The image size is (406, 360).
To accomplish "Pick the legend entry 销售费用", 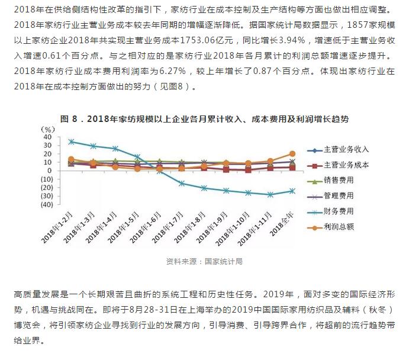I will tap(338, 181).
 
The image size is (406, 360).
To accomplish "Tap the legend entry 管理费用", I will tap(338, 195).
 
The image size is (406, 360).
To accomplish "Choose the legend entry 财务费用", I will tap(338, 211).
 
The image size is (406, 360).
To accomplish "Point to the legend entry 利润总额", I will tap(338, 226).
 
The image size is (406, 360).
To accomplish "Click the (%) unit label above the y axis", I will tap(47, 128).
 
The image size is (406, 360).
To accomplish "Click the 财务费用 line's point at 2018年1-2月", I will tap(71, 142).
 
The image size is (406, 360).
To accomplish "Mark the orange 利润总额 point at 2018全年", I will tap(292, 154).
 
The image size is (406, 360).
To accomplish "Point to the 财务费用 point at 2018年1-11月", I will tap(269, 194).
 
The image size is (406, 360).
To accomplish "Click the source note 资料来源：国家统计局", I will tap(204, 261).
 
